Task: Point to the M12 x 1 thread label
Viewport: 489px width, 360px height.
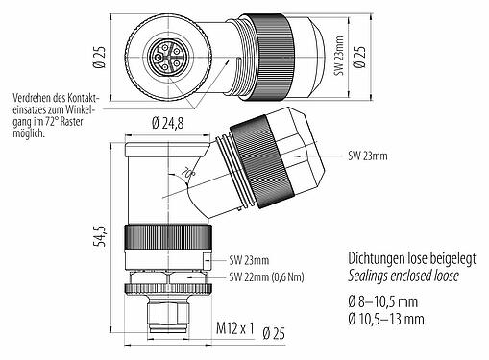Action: point(233,330)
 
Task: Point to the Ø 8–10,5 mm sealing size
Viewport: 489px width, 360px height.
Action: point(380,300)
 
